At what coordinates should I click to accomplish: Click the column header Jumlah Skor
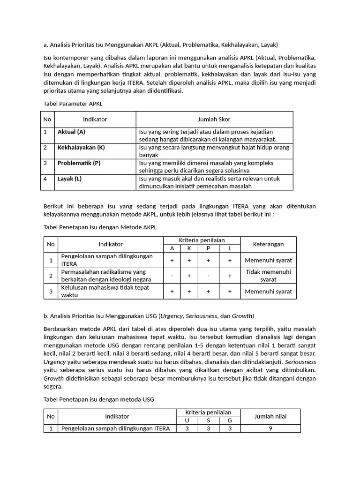214,119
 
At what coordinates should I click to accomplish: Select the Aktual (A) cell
71,132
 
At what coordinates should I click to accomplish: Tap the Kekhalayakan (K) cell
81,147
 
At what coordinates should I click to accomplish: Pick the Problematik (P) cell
79,163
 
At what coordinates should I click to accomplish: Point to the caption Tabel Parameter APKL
73,103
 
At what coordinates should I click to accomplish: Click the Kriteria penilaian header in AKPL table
202,240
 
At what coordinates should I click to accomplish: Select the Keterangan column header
268,244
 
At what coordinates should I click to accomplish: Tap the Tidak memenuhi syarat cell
268,276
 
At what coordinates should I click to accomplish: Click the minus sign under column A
172,276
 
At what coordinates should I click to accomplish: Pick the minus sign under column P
209,276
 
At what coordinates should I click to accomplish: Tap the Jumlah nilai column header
270,416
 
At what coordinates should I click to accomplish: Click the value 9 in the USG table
270,428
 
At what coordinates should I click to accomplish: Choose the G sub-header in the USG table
230,420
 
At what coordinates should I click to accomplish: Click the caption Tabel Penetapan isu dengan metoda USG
98,399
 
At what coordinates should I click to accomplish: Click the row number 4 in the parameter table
45,179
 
